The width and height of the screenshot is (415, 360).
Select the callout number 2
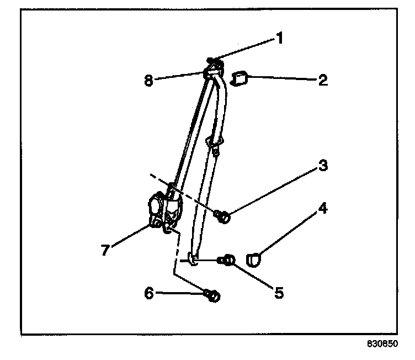(323, 80)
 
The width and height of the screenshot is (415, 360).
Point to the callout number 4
(322, 209)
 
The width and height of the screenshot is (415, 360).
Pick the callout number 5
(279, 292)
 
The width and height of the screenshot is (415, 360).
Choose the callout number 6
(148, 294)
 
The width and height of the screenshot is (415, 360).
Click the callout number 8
(147, 80)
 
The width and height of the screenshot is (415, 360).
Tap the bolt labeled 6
(212, 295)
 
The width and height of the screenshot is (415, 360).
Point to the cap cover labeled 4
(255, 258)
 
